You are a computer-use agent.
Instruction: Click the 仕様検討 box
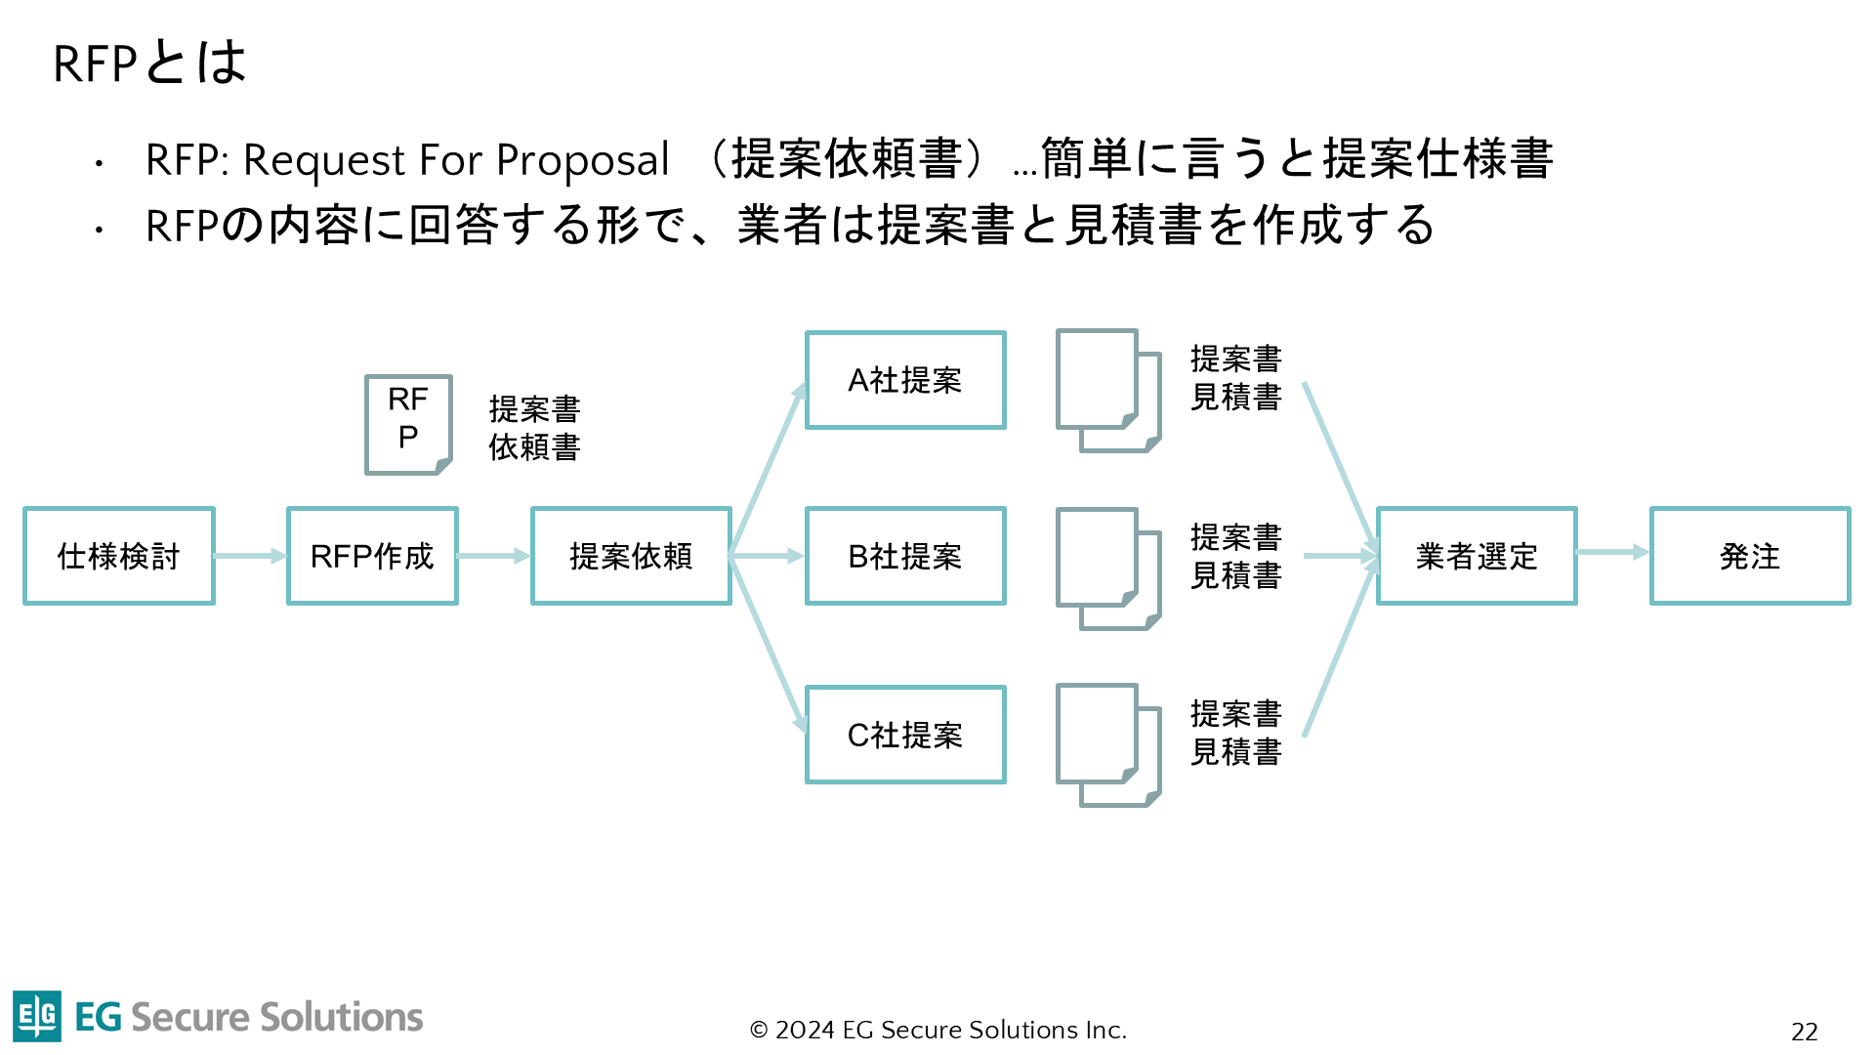pos(119,556)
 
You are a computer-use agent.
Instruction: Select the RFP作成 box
pos(372,556)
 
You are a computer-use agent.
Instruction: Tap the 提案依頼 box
pos(631,556)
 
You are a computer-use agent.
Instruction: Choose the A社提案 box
pos(905,380)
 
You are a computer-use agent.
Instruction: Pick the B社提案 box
pos(905,556)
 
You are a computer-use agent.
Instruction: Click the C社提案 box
pos(905,735)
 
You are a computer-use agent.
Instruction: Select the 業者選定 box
pos(1477,556)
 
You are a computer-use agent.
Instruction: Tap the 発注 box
pos(1750,556)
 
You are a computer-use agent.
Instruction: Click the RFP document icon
pos(408,424)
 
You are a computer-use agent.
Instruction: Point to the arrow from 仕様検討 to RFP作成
pos(250,556)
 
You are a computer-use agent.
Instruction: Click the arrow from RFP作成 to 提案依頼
pos(493,556)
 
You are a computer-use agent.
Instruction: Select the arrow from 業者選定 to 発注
pos(1612,553)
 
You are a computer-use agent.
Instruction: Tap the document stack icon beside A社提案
pos(1107,390)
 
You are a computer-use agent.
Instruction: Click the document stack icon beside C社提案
pos(1107,744)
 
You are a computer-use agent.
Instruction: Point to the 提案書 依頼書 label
pos(534,428)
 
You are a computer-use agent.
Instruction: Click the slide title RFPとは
pos(149,63)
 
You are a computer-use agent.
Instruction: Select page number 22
pos(1804,1032)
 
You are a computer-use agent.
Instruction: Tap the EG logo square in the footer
pos(37,1016)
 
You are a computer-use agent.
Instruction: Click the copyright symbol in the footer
pos(759,1031)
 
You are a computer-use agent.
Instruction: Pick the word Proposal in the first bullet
pos(582,160)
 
